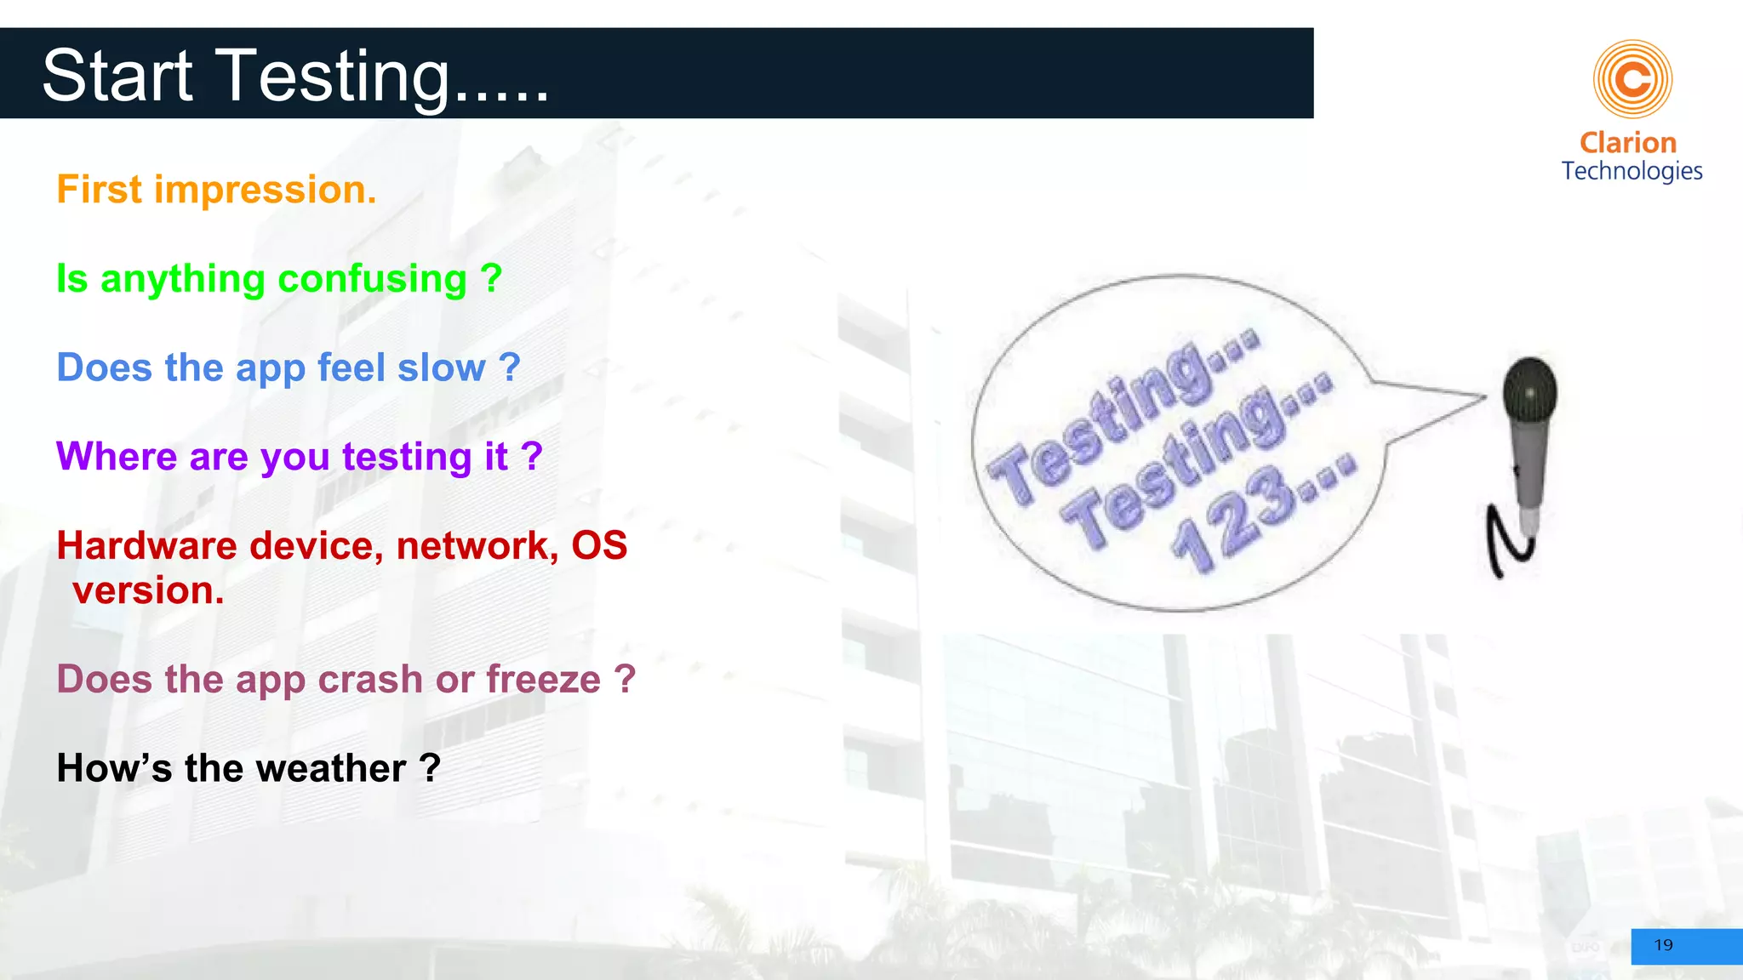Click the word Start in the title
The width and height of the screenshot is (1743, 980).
coord(117,76)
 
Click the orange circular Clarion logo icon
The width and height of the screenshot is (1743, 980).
coord(1632,79)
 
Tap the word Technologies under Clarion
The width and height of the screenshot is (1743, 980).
coord(1632,171)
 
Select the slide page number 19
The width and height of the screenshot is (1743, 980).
coord(1663,945)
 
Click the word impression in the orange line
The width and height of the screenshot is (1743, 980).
coord(265,190)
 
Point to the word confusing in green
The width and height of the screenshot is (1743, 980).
coord(372,280)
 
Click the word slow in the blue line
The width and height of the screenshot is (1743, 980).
coord(441,368)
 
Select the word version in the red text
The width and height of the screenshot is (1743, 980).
coord(148,591)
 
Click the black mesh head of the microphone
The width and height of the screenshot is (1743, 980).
coord(1529,390)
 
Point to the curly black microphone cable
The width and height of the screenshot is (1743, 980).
coord(1506,544)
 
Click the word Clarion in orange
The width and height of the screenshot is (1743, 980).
coord(1628,142)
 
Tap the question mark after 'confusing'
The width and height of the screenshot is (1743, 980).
coord(491,278)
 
